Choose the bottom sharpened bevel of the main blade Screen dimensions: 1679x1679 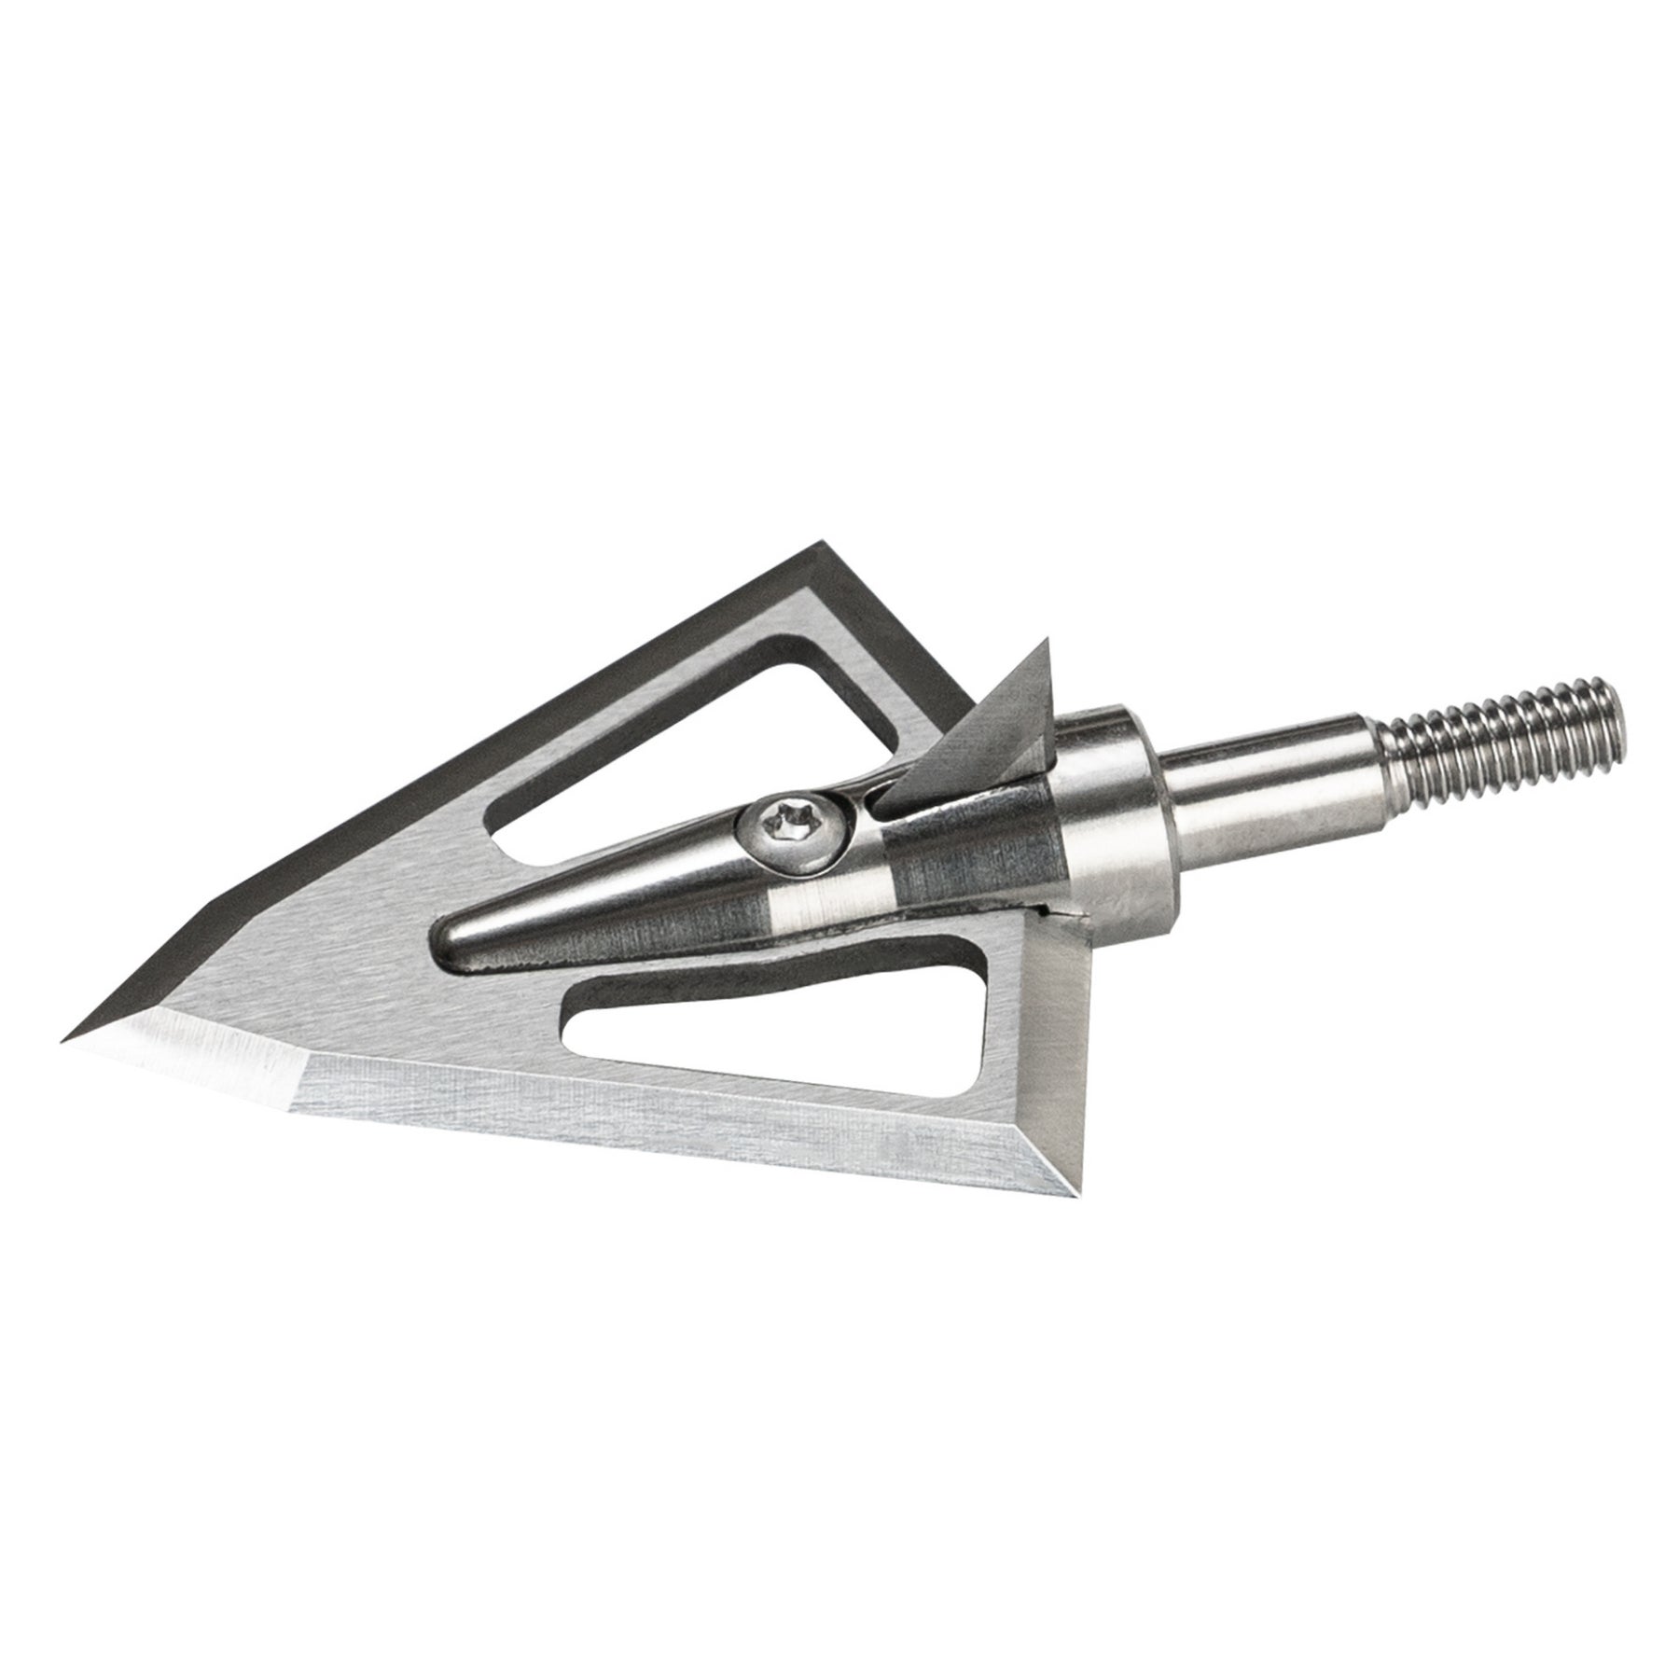coord(653,1129)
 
